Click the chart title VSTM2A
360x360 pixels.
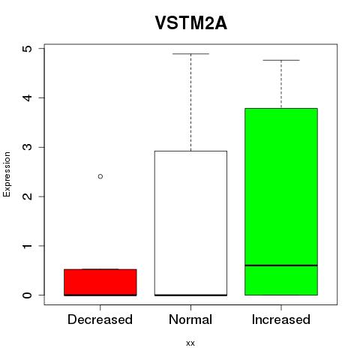coord(191,23)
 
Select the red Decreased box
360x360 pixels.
coord(100,282)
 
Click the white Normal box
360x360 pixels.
coord(190,223)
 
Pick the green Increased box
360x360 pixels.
coord(281,202)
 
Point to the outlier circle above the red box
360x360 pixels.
coord(100,176)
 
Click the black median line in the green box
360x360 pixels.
coord(281,265)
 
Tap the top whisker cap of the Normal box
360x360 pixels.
coord(190,54)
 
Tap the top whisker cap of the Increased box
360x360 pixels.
coord(281,60)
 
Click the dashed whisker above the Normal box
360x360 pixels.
coord(191,102)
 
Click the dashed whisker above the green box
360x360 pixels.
coord(281,84)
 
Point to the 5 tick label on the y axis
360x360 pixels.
coord(28,49)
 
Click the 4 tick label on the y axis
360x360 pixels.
coord(28,97)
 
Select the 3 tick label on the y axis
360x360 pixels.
coord(28,147)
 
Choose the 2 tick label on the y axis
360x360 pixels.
coord(28,196)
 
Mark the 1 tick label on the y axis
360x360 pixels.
coord(28,246)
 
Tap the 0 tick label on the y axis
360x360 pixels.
coord(28,295)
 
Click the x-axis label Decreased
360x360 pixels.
coord(100,319)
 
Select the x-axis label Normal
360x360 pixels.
coord(190,319)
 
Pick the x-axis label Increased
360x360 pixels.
coord(281,319)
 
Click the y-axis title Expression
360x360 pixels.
coord(7,174)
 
